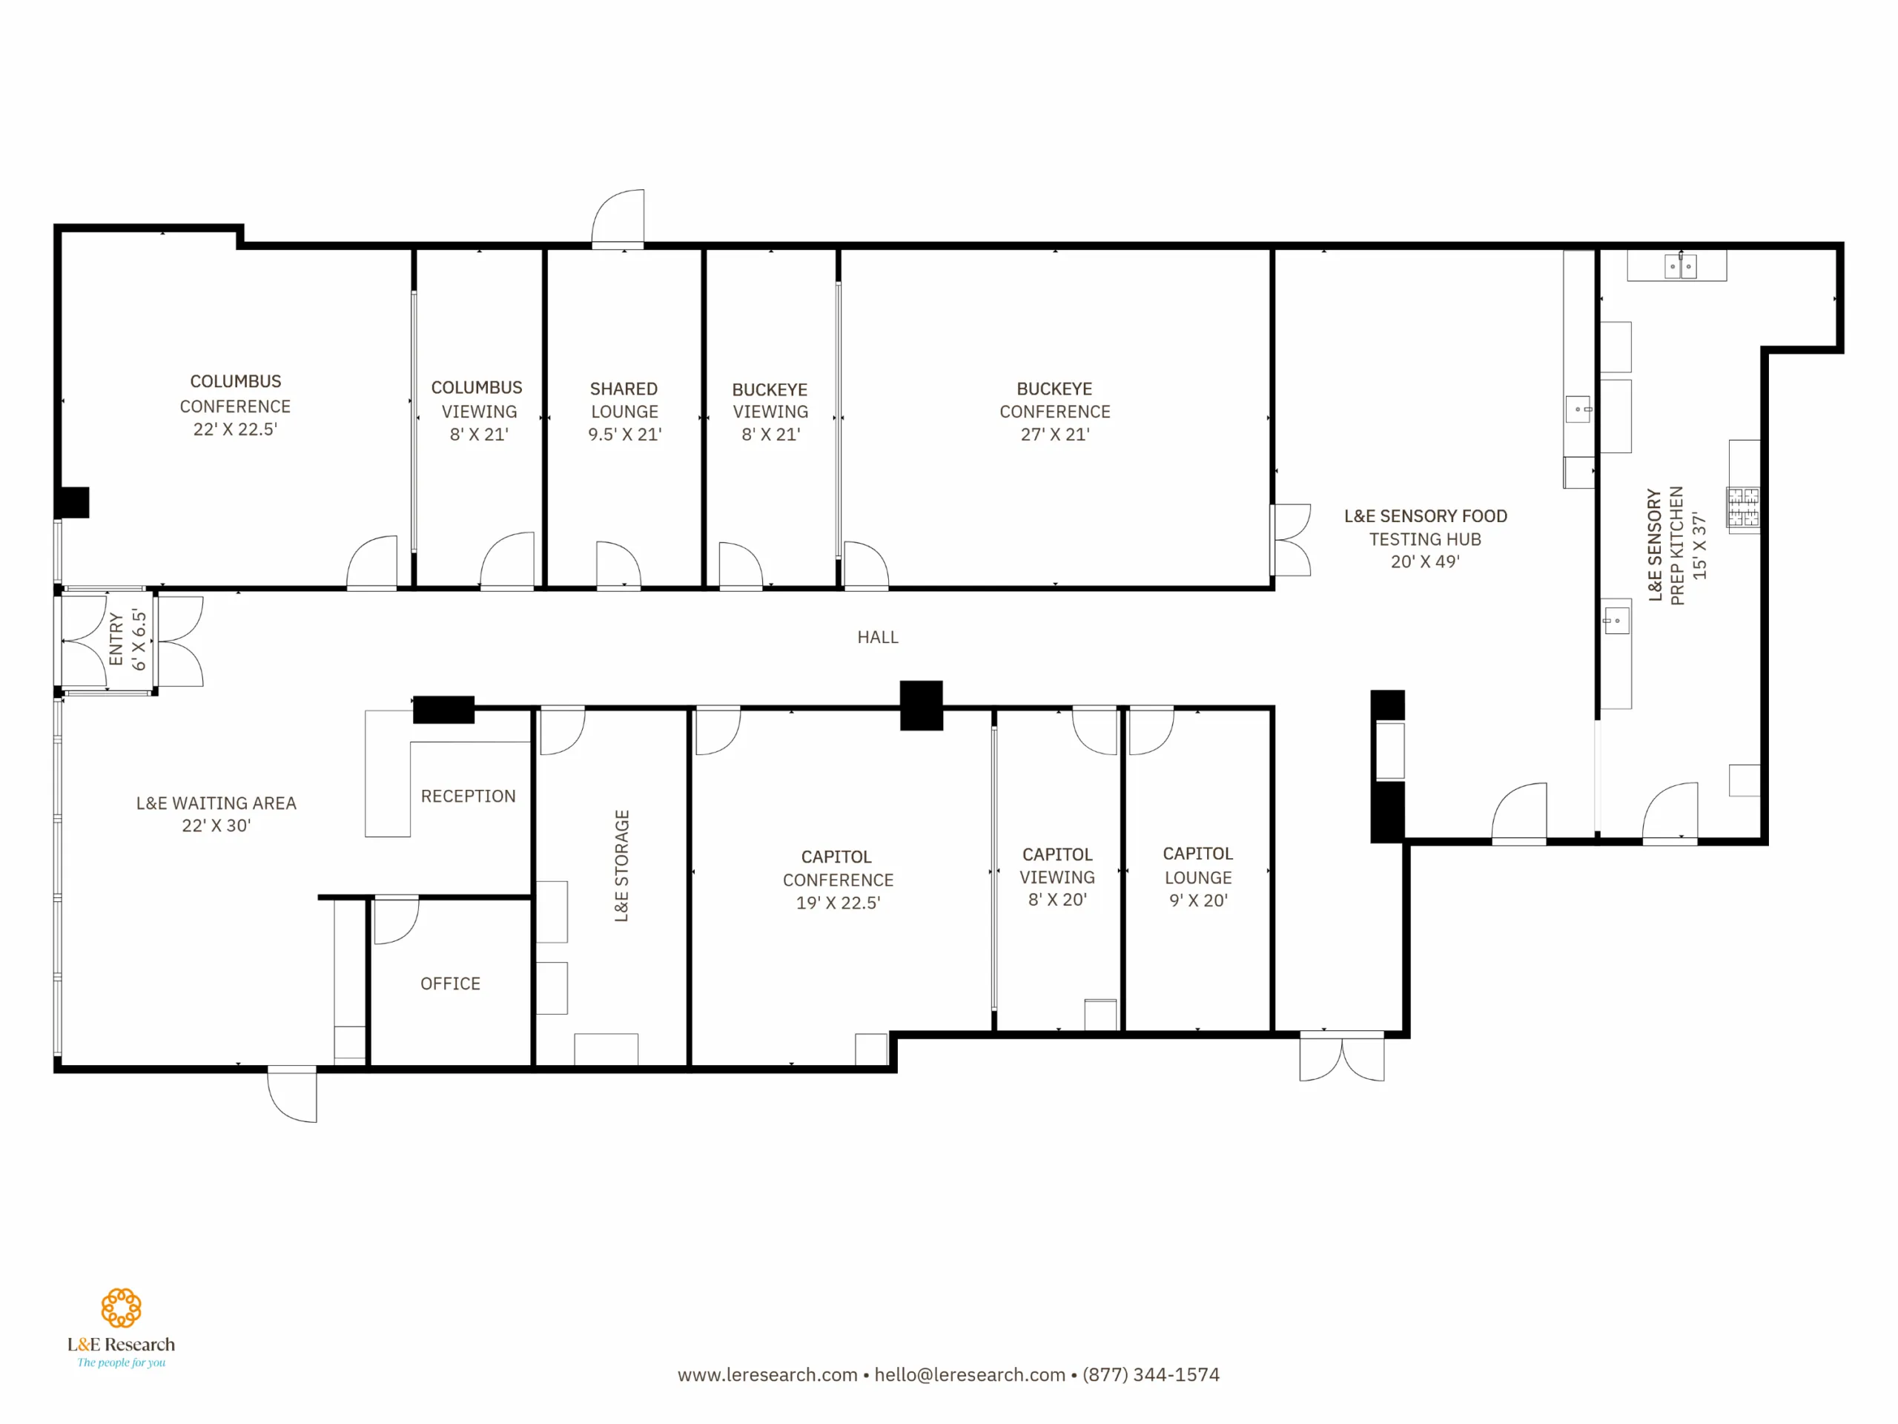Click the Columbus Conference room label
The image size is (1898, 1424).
(235, 405)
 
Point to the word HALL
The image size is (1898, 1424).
(878, 638)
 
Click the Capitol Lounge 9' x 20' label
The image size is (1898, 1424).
(1198, 877)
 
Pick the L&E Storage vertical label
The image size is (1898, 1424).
(622, 866)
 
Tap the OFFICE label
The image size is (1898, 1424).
(451, 983)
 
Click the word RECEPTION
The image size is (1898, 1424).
(469, 797)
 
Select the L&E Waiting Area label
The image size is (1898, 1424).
(216, 814)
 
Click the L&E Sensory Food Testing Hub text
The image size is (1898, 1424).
(1425, 538)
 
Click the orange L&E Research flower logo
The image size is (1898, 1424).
(121, 1308)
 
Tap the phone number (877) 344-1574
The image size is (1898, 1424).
(1151, 1375)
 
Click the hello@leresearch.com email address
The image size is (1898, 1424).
(970, 1375)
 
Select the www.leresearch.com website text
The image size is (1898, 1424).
(768, 1375)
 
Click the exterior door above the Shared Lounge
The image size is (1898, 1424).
(618, 219)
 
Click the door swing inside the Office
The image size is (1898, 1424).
(397, 920)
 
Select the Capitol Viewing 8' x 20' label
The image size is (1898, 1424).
(1057, 877)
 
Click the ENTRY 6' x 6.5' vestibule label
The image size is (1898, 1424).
(127, 639)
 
